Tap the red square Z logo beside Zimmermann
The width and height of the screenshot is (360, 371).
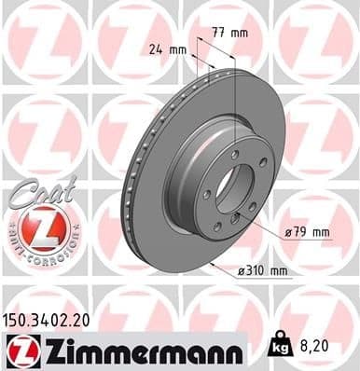tap(20, 350)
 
